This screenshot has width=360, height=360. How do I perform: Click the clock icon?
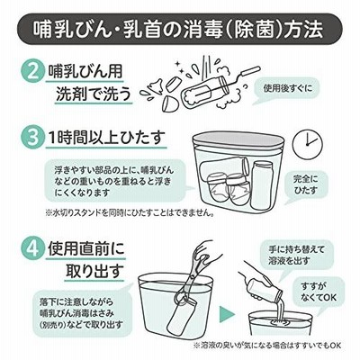pos(307,144)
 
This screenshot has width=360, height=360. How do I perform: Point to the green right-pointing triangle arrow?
pos(227,314)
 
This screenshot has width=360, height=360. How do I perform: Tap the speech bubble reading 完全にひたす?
pos(305,185)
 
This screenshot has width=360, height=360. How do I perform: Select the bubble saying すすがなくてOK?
pos(318,292)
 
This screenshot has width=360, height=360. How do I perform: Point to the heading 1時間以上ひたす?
pos(106,138)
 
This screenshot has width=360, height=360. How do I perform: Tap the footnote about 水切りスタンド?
pos(130,213)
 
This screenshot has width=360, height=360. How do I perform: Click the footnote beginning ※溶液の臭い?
pos(267,346)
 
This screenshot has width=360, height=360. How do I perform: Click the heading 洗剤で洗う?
pos(94,94)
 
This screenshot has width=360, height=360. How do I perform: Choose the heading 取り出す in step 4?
pos(94,271)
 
